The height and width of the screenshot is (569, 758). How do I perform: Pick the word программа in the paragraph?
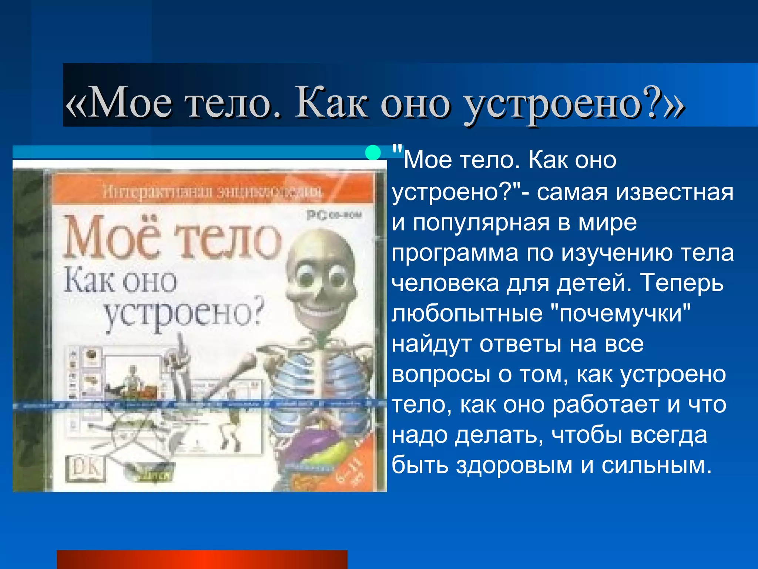click(455, 254)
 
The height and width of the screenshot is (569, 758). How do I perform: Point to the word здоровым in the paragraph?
click(514, 465)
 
